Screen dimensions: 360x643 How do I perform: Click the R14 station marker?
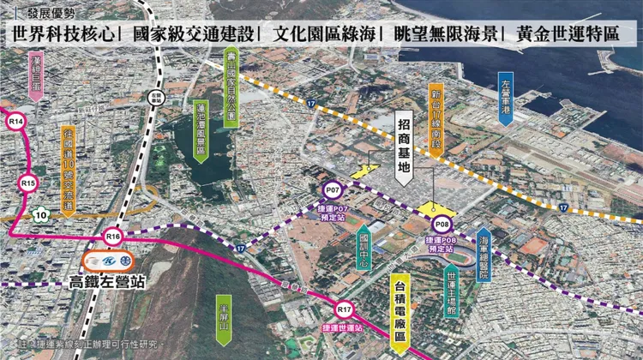click(15, 123)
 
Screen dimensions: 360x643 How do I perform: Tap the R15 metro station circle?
click(28, 183)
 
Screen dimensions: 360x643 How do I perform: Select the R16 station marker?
click(112, 235)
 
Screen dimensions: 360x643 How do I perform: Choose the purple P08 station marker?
click(442, 225)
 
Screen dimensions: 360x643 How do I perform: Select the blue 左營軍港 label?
click(506, 99)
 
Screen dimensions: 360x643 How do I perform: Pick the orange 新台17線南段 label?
click(436, 117)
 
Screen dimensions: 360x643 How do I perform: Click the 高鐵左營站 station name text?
click(106, 282)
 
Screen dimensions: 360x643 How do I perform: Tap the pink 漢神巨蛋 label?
click(35, 75)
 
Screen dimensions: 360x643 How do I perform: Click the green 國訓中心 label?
click(364, 245)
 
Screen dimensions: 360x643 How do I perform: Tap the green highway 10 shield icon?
click(40, 213)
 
